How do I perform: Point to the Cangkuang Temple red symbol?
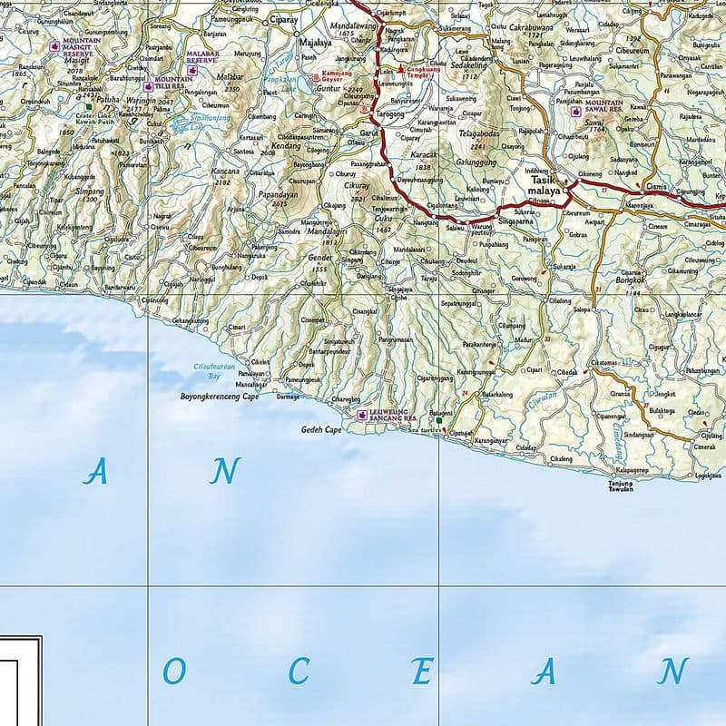[401, 67]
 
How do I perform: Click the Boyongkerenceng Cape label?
[220, 397]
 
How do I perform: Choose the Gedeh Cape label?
[321, 429]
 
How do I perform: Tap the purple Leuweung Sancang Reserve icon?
[363, 416]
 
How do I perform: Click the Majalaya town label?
[316, 42]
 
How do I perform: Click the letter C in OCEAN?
[299, 672]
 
